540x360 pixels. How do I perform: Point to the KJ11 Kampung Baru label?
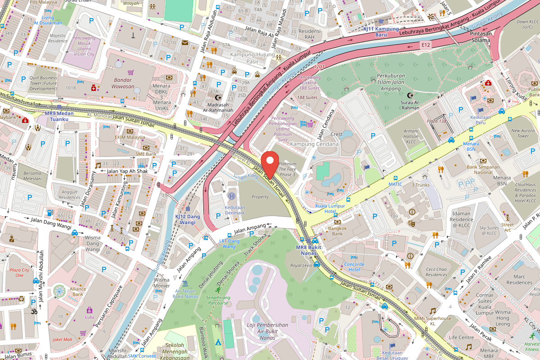(x=381, y=31)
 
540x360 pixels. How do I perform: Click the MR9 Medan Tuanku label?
(x=59, y=116)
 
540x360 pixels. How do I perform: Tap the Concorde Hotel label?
(x=354, y=267)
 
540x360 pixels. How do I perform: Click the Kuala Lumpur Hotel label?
(x=330, y=209)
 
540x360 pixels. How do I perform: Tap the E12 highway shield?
(x=426, y=45)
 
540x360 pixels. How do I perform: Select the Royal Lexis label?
(x=301, y=265)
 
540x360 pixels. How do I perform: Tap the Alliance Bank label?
(x=78, y=292)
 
